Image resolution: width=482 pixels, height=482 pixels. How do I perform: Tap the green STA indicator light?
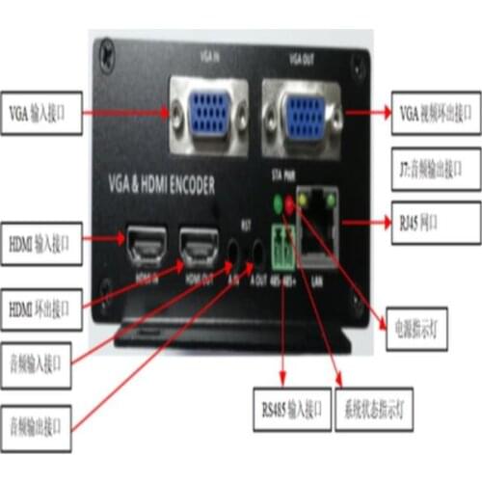(280, 203)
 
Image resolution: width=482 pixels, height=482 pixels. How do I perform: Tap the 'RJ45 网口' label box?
(437, 221)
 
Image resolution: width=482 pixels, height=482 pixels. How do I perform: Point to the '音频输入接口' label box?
(38, 363)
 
